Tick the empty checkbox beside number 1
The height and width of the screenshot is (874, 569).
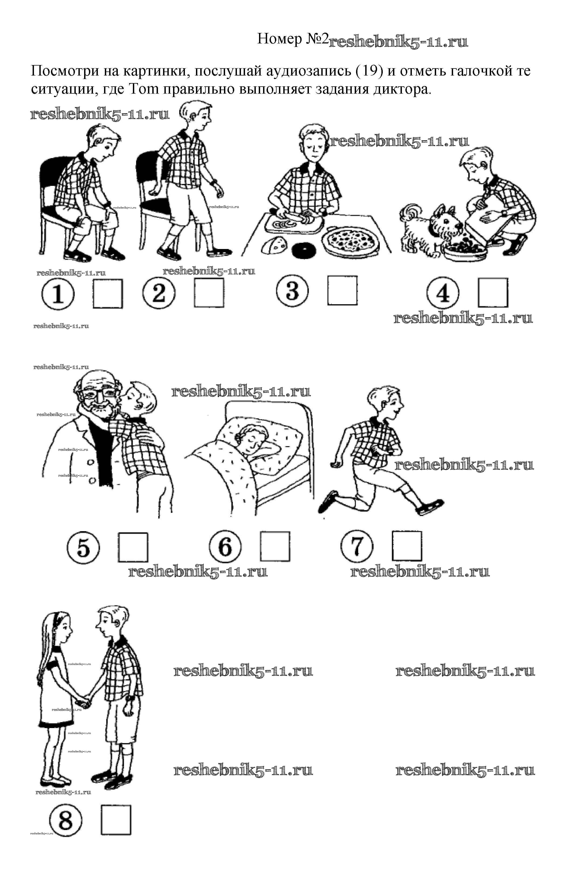click(x=108, y=293)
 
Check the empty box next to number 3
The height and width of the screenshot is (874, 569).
click(x=342, y=291)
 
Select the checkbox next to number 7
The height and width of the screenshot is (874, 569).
click(x=407, y=546)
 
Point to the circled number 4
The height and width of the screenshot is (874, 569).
click(x=443, y=293)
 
